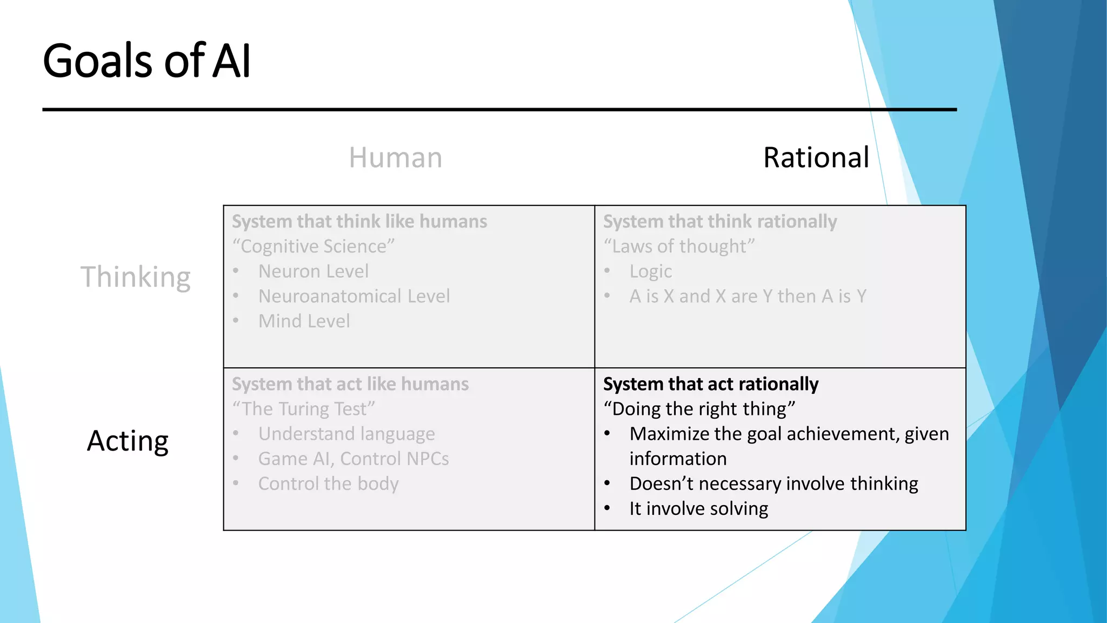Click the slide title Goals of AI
[x=146, y=61]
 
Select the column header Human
[x=395, y=158]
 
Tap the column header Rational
[x=816, y=158]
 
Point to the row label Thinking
[x=136, y=277]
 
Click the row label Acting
[x=128, y=441]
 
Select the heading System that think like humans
[x=359, y=222]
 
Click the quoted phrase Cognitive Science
[x=314, y=247]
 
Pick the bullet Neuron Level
[x=314, y=271]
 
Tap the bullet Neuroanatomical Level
[x=354, y=296]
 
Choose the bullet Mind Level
[x=304, y=321]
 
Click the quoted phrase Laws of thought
[x=679, y=247]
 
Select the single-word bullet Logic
[x=650, y=271]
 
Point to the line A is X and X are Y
[x=748, y=296]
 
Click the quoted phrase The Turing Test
[x=303, y=409]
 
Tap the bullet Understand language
[x=346, y=434]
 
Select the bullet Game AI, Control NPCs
[x=354, y=459]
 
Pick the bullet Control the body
[x=328, y=483]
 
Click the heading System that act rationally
[x=711, y=384]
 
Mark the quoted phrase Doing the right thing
[x=699, y=409]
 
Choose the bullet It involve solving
[x=698, y=508]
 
